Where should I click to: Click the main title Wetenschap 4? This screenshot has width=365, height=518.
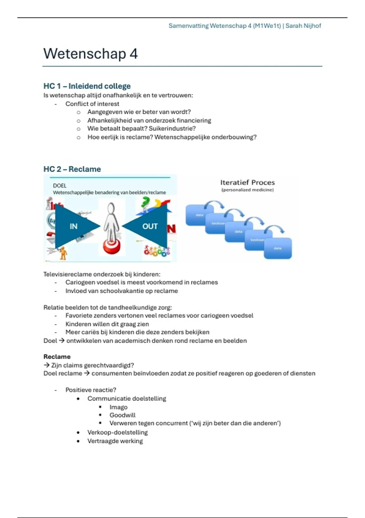[x=90, y=54]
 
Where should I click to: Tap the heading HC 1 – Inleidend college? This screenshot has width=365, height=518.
[x=87, y=86]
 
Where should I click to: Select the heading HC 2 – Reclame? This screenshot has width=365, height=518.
[x=72, y=169]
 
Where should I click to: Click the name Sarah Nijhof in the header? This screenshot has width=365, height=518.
[x=303, y=26]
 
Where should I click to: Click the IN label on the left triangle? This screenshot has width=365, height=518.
[x=74, y=226]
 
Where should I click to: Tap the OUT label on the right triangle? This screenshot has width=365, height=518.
[x=150, y=226]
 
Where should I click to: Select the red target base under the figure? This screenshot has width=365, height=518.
[x=112, y=246]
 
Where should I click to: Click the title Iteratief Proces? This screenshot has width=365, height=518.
[x=247, y=183]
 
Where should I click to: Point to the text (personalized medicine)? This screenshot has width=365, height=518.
[x=247, y=190]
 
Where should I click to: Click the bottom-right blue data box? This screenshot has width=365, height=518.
[x=278, y=248]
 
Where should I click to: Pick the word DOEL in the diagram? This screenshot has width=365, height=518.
[x=60, y=186]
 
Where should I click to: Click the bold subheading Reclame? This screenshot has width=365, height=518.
[x=57, y=357]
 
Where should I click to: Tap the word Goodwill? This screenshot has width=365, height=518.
[x=123, y=415]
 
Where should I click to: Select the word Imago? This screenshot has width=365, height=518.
[x=118, y=407]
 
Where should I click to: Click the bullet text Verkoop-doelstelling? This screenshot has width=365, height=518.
[x=117, y=432]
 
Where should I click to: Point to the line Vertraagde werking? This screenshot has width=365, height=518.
[x=115, y=441]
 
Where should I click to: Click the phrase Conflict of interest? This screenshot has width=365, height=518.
[x=92, y=104]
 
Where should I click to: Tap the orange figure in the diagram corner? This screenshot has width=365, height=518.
[x=63, y=253]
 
